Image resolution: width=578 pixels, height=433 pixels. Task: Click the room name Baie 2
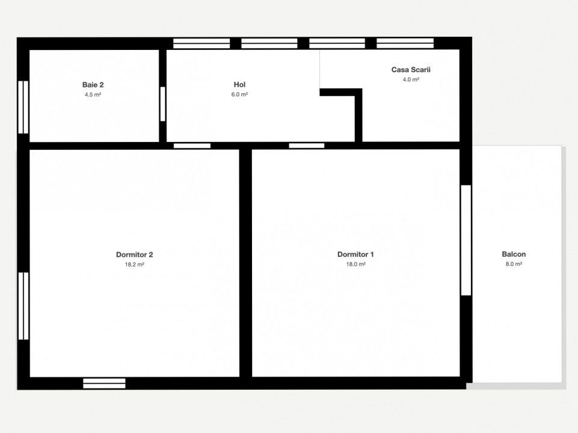point(93,85)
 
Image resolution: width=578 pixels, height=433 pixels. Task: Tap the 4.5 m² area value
point(93,94)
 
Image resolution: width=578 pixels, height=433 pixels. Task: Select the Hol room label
point(239,85)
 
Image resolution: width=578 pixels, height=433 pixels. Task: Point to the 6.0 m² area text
point(239,94)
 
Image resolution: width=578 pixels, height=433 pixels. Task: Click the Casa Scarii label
point(411,70)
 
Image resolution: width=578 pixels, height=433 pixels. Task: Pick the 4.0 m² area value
point(411,79)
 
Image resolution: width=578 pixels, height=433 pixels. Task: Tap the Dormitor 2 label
point(135,254)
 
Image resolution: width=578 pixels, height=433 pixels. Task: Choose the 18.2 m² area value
point(135,264)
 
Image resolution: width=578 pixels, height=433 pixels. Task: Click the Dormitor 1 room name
point(355,254)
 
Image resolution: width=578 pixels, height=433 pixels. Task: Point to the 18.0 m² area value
point(355,264)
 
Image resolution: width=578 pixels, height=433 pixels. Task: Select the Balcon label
point(514,254)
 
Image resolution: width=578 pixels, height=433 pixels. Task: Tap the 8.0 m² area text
point(514,264)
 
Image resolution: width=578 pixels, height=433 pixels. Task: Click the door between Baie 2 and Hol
point(162,104)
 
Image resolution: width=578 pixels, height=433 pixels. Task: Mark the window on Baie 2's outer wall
point(23,107)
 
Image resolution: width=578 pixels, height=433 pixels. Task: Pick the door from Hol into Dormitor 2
point(192,146)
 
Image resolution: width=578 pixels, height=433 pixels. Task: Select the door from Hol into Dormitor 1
point(307,146)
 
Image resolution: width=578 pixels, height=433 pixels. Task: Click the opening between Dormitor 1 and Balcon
point(466,241)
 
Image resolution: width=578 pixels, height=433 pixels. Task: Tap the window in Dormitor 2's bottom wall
point(104,383)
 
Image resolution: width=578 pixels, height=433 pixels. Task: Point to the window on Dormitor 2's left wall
point(23,306)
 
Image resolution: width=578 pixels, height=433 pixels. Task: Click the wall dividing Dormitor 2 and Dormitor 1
point(245,263)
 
